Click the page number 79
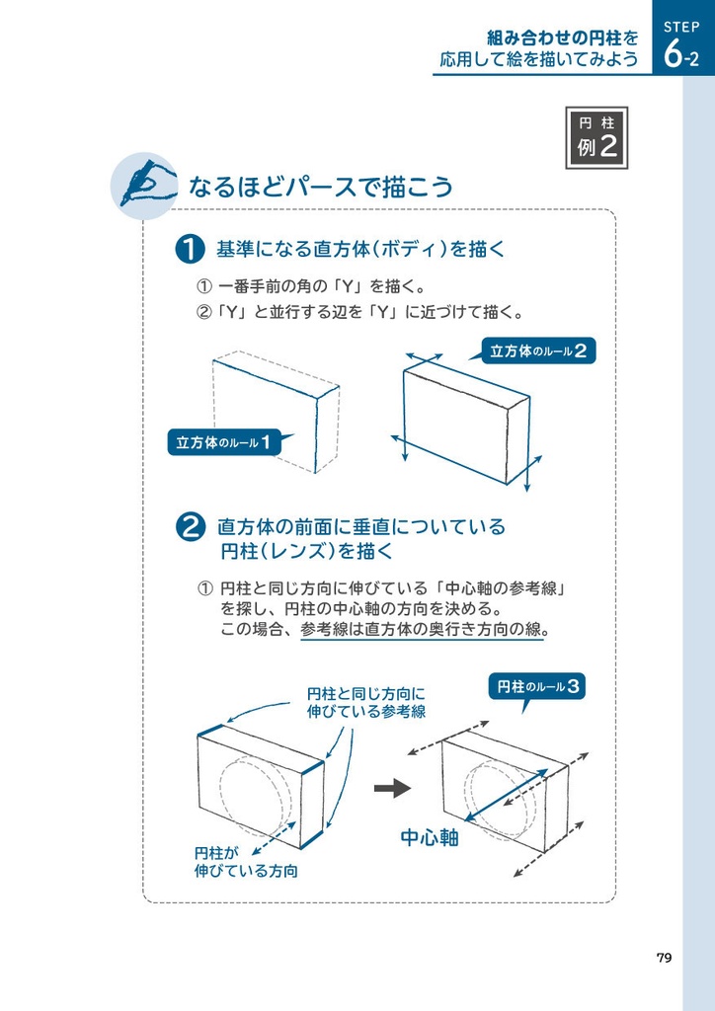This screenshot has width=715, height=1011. tap(664, 958)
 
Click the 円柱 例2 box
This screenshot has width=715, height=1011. tap(596, 137)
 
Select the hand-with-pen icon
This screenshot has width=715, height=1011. tap(143, 184)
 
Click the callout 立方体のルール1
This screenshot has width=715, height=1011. tap(223, 442)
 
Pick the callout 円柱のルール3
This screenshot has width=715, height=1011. tap(537, 686)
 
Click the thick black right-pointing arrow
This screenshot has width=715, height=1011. tap(392, 788)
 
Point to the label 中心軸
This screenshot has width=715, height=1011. tap(430, 838)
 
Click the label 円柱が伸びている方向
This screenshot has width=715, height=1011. tap(245, 862)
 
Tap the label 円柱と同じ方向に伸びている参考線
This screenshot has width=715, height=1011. tap(365, 702)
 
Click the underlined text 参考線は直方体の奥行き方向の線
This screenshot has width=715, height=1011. tap(422, 630)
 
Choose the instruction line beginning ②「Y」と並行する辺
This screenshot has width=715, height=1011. tap(359, 313)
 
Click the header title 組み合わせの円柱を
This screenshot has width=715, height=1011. tap(562, 38)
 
